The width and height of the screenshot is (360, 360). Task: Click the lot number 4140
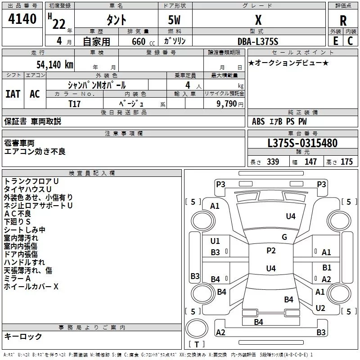coord(22,19)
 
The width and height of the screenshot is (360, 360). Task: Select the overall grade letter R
coord(343,20)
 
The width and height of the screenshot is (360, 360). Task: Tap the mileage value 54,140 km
coord(55,64)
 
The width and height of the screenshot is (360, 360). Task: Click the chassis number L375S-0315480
coord(302,143)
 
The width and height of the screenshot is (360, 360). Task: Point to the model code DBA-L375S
coord(258,41)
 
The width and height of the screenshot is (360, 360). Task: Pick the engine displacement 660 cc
coord(143,41)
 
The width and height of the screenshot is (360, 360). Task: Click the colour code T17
coord(74,104)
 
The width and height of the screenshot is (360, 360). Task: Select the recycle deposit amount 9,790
coord(227,104)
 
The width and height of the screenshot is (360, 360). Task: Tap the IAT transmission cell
coord(13,94)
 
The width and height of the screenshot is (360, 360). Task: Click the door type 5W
coord(174,20)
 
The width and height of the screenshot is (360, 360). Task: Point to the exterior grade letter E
coord(335,41)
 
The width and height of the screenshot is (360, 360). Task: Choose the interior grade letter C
coord(350,41)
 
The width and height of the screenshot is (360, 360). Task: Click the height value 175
coord(346,162)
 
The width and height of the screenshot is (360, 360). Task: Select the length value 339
coord(273,162)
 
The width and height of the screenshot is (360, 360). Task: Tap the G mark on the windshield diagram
coord(284,237)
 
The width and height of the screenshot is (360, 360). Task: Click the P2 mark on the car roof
coord(271,250)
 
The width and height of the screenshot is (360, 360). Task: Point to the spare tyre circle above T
coord(197,328)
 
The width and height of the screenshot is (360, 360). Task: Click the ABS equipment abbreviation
coord(258,121)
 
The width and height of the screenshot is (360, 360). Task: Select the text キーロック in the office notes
coord(23,336)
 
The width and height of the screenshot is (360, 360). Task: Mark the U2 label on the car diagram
coord(320,308)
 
